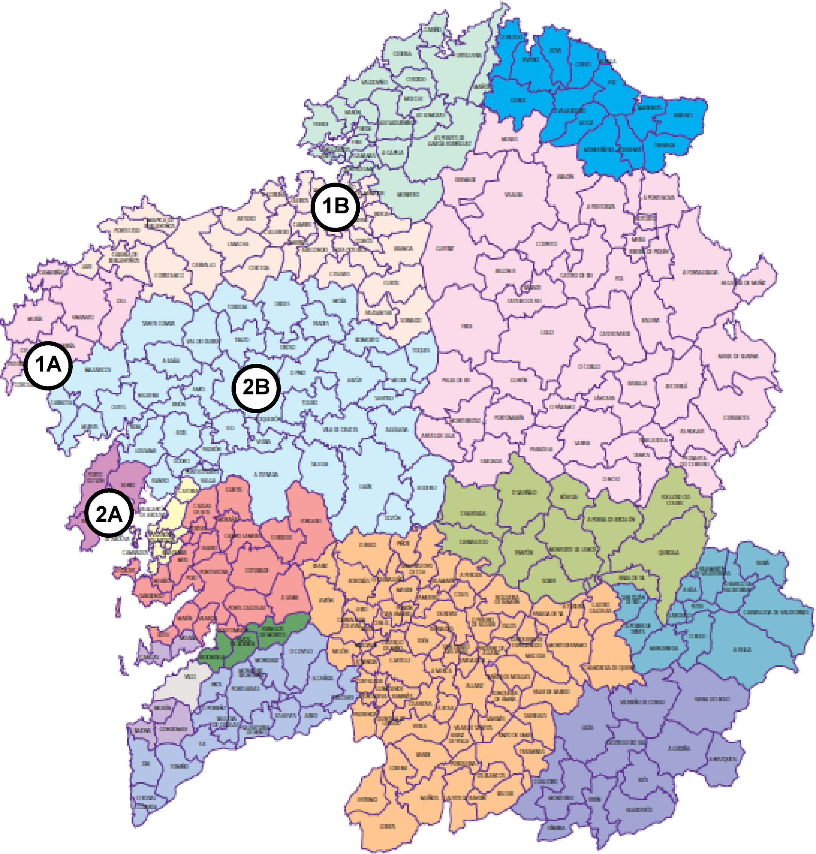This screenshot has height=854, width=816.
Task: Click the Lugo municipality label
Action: click(546, 332)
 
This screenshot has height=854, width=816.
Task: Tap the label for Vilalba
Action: click(513, 195)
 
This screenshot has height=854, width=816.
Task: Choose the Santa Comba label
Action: click(158, 323)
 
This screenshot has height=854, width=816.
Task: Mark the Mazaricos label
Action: click(98, 370)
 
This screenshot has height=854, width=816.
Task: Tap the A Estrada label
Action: click(266, 474)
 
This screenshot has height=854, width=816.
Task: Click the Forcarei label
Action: click(310, 521)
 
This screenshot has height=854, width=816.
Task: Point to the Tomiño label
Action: click(179, 767)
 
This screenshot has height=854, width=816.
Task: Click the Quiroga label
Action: click(668, 552)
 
